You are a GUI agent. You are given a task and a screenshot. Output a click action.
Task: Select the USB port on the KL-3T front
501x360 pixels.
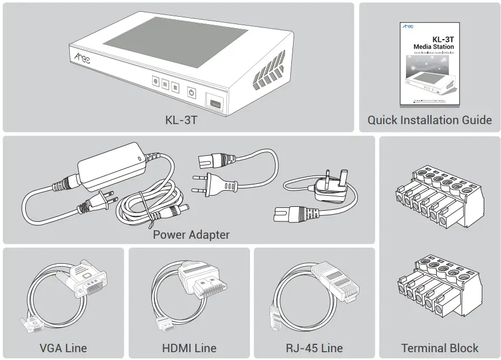(x=216, y=103)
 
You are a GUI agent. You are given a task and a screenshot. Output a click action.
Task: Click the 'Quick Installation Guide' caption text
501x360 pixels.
(x=429, y=120)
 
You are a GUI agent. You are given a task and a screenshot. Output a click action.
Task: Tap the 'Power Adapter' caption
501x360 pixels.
(x=191, y=234)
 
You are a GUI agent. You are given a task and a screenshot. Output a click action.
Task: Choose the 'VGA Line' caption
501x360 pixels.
(x=63, y=348)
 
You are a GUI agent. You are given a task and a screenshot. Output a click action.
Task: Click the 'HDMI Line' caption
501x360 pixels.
(x=189, y=348)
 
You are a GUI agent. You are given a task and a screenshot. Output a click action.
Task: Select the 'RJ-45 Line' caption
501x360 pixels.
(x=314, y=348)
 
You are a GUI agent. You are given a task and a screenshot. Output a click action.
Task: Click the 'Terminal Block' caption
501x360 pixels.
(x=439, y=348)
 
